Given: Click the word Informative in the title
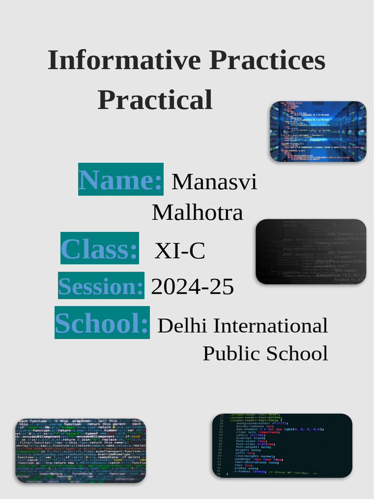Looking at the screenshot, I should coord(124,61).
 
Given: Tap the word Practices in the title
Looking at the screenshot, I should coord(267,61).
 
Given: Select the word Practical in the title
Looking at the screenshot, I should coord(155,100).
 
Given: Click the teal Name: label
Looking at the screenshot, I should coord(121,179).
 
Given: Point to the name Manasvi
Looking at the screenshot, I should coord(214,182).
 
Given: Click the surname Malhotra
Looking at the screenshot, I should coord(197,212).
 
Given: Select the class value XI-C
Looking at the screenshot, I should coord(180,251).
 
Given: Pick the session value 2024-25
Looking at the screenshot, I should coord(192,287).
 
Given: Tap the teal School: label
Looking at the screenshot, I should coord(102,323).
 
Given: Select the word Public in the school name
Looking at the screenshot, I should coord(225,353).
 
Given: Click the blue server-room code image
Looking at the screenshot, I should coord(318,132).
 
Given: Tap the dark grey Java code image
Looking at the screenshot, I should coord(311,251).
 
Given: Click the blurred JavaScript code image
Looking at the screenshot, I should coord(80,451).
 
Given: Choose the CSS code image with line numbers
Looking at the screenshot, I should coord(282,445).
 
